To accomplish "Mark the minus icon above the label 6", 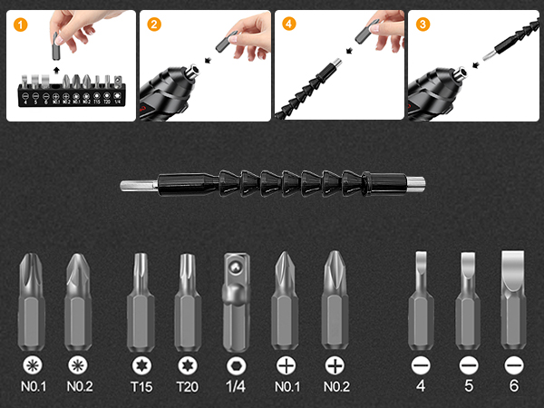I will (x=513, y=365).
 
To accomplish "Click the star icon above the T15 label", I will (x=141, y=365).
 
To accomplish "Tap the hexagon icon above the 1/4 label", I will (x=234, y=365).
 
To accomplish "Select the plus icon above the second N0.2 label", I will (x=335, y=365).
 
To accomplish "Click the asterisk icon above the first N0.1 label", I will (x=32, y=365).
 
